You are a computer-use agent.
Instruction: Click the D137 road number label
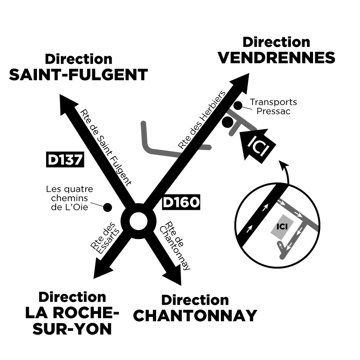[64, 159]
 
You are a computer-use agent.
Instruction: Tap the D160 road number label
[181, 202]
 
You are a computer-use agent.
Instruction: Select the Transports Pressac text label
[273, 107]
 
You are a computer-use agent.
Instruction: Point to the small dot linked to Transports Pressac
[238, 105]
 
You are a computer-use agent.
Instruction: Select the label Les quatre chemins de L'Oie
[70, 198]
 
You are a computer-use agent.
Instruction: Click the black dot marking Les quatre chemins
[107, 208]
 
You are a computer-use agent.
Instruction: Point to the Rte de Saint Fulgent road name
[106, 145]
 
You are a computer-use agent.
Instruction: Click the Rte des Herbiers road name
[203, 121]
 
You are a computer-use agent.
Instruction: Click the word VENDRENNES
[277, 57]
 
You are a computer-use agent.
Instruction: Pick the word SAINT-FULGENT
[79, 74]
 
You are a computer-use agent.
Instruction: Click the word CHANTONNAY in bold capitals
[195, 315]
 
